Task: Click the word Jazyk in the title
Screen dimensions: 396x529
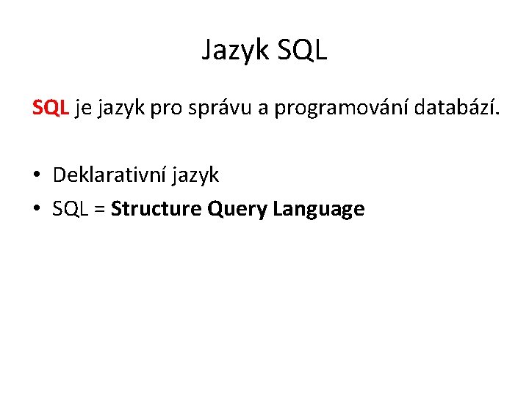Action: click(237, 51)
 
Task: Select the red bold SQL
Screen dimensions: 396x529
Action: click(51, 109)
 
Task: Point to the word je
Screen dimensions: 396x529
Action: click(82, 109)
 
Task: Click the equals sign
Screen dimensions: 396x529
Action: click(99, 210)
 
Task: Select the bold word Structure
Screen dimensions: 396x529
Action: click(156, 209)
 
